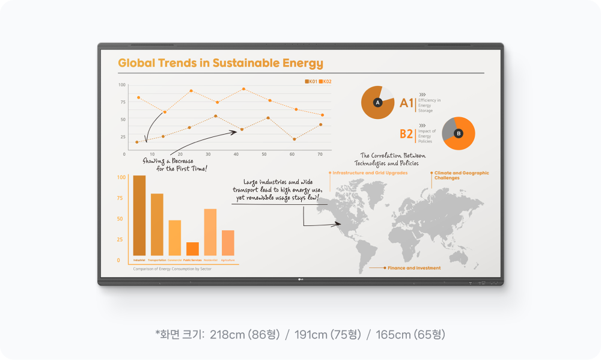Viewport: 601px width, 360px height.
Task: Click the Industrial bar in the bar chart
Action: click(x=139, y=215)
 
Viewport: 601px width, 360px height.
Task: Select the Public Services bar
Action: click(x=192, y=249)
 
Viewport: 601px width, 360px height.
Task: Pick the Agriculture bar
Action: click(x=228, y=243)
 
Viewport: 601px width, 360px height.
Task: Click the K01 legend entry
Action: click(x=311, y=81)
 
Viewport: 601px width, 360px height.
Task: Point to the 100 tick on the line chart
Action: click(x=122, y=85)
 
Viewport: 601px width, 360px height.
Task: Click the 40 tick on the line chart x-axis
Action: click(x=236, y=154)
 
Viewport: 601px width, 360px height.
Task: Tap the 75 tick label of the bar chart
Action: click(x=120, y=198)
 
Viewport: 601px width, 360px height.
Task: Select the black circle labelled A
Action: click(x=378, y=103)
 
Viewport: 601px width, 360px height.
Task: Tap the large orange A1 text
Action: click(x=407, y=103)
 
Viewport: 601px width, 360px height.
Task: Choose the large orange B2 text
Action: click(x=407, y=134)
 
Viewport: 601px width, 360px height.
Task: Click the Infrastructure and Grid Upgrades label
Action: click(x=370, y=172)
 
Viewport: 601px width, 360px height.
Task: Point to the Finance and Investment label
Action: click(x=413, y=267)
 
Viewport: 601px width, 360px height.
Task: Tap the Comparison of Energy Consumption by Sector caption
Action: click(x=172, y=269)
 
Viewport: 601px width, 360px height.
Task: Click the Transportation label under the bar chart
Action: click(x=157, y=260)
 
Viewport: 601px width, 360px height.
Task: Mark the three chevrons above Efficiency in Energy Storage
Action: click(x=423, y=94)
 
